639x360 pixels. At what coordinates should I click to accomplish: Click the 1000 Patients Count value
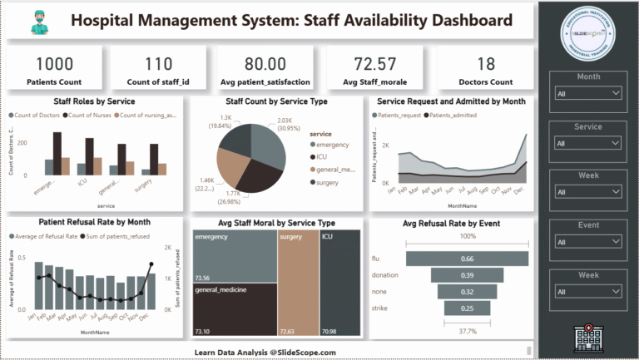[x=54, y=64]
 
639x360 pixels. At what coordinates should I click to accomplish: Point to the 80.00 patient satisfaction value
[x=265, y=64]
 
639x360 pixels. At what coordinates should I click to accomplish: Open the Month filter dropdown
[x=588, y=94]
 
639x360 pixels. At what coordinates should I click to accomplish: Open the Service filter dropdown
[x=588, y=143]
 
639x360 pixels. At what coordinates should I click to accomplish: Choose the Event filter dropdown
[x=588, y=242]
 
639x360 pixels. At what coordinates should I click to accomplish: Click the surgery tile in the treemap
[x=298, y=283]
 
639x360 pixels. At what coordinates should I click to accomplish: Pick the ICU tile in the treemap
[x=339, y=283]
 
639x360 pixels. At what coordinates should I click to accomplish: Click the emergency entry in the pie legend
[x=334, y=145]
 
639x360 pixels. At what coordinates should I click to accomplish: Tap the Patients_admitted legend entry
[x=453, y=116]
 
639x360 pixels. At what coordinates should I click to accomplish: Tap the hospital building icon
[x=588, y=337]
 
